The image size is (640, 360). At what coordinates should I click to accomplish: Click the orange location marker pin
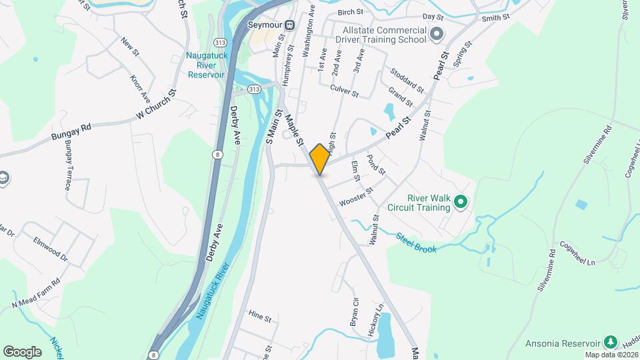pyautogui.click(x=320, y=159)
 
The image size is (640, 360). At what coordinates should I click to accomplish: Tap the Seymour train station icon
pyautogui.click(x=289, y=25)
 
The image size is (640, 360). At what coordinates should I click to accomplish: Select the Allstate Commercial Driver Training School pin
pyautogui.click(x=437, y=33)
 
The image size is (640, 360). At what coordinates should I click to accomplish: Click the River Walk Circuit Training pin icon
pyautogui.click(x=459, y=201)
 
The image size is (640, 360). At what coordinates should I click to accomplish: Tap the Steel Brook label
pyautogui.click(x=416, y=243)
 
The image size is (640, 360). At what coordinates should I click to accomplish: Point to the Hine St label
pyautogui.click(x=259, y=319)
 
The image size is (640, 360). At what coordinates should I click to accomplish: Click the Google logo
pyautogui.click(x=22, y=351)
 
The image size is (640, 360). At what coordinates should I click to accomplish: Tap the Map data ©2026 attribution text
pyautogui.click(x=611, y=355)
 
